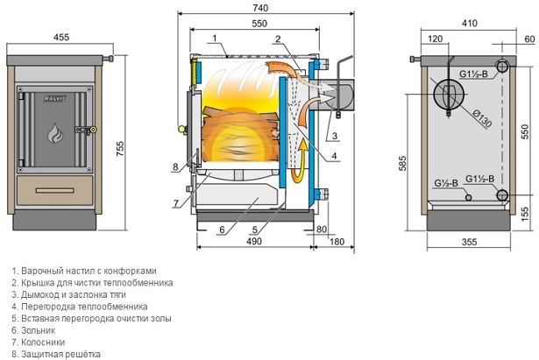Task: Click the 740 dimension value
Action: click(x=260, y=8)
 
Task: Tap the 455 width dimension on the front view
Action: click(x=61, y=37)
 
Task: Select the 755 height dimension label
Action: click(x=120, y=148)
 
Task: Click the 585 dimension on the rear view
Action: click(x=402, y=163)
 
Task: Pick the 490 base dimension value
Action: click(x=254, y=241)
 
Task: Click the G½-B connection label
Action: click(x=446, y=183)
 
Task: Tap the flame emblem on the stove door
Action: click(x=55, y=133)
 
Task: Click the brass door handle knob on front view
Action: click(x=93, y=130)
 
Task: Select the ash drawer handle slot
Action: click(x=54, y=190)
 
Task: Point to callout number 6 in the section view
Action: click(x=222, y=229)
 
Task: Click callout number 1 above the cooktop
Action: click(x=215, y=38)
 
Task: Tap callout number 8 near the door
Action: click(x=175, y=167)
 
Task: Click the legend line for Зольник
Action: click(x=33, y=330)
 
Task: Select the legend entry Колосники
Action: click(x=39, y=342)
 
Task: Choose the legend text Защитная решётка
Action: click(x=56, y=354)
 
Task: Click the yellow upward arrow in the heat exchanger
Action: click(x=299, y=161)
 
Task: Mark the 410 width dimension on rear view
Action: click(x=470, y=23)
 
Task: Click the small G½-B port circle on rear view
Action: click(x=468, y=197)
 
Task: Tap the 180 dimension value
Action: click(x=337, y=242)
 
